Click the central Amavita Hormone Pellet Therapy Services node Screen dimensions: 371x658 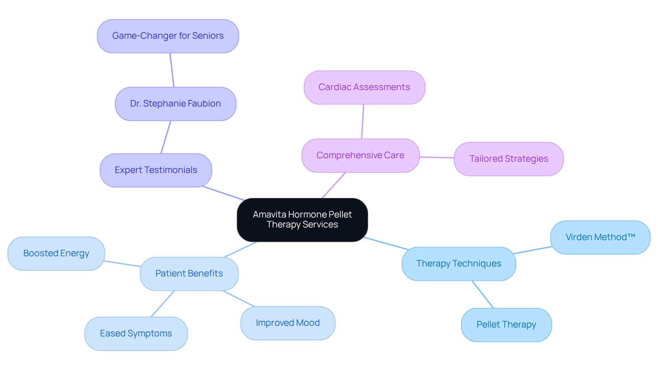click(x=302, y=220)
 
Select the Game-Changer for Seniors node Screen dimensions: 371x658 click(x=168, y=36)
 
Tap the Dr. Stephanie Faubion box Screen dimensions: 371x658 click(x=175, y=104)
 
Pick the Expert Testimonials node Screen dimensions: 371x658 click(x=156, y=170)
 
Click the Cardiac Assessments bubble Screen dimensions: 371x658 click(x=364, y=87)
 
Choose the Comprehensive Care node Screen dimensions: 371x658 click(x=361, y=156)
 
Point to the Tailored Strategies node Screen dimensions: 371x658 click(x=509, y=159)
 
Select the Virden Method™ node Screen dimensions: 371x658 click(x=600, y=237)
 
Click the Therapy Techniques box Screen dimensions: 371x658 click(x=459, y=264)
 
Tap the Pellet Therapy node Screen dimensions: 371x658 click(x=506, y=325)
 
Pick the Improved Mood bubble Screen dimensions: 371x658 click(x=288, y=323)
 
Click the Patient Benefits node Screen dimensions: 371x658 click(x=189, y=274)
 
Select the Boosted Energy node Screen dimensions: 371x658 click(x=56, y=253)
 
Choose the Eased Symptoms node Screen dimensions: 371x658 click(x=136, y=334)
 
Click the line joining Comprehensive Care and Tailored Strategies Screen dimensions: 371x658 click(x=437, y=158)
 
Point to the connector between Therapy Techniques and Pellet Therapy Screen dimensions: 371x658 click(x=483, y=295)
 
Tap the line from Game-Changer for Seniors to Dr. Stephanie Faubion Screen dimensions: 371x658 click(x=172, y=70)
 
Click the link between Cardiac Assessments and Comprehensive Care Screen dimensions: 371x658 click(x=363, y=122)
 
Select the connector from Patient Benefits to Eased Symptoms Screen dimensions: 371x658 click(x=163, y=304)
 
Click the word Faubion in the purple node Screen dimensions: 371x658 click(x=204, y=104)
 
